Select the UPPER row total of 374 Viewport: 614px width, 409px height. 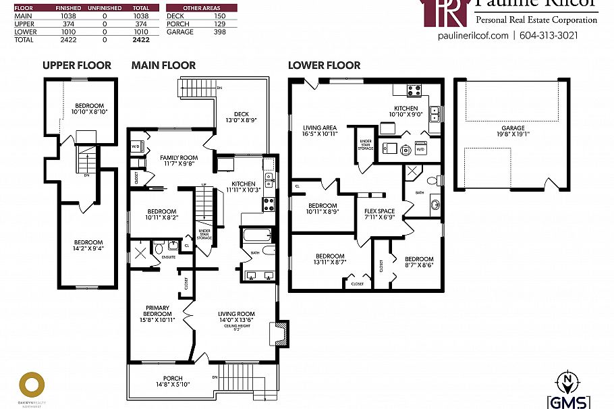[x=141, y=24]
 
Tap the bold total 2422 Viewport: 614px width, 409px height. [x=141, y=40]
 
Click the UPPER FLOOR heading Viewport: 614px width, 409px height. [x=76, y=65]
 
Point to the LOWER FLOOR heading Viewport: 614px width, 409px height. [x=324, y=65]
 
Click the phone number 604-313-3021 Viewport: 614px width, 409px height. [x=549, y=36]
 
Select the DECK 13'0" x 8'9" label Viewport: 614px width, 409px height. [x=242, y=117]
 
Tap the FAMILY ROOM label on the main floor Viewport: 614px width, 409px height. [x=179, y=161]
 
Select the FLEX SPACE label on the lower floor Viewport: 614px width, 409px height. [x=379, y=214]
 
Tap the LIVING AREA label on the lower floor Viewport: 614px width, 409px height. [x=320, y=130]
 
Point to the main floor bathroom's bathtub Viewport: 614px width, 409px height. [x=256, y=236]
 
